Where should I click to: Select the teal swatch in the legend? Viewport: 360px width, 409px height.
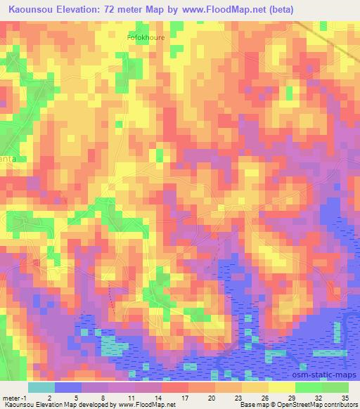(41, 387)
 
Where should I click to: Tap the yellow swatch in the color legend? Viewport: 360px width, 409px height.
(282, 387)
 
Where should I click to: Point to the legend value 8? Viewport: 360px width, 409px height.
(103, 396)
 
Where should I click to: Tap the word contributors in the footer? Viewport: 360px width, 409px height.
(338, 405)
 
